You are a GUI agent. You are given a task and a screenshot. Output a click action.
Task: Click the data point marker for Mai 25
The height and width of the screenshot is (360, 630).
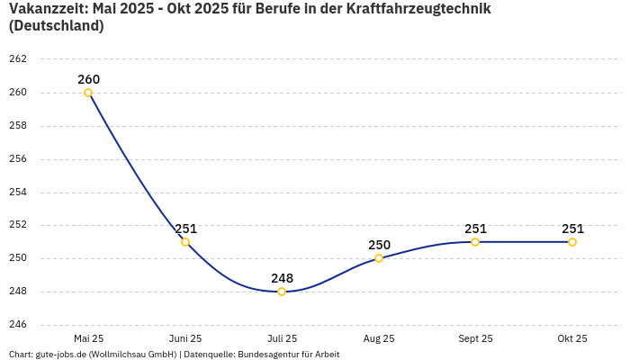88,93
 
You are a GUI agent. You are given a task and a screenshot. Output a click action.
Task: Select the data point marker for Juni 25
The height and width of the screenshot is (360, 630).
185,242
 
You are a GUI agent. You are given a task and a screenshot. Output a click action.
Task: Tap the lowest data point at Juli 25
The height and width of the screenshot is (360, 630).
282,292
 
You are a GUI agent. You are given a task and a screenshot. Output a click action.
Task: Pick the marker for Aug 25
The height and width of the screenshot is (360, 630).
379,258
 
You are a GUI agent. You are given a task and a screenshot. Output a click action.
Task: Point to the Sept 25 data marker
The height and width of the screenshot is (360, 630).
475,242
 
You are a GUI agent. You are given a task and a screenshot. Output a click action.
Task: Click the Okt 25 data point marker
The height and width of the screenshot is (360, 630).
572,242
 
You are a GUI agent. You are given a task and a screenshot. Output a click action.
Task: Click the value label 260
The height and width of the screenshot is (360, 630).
88,79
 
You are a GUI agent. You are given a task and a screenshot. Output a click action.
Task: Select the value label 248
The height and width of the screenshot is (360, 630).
282,278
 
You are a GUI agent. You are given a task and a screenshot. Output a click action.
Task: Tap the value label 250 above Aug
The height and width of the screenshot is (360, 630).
379,245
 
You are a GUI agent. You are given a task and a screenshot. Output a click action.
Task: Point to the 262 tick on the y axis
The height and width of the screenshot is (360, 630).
18,59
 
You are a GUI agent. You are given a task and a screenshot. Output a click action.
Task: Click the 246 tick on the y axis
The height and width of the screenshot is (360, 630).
18,325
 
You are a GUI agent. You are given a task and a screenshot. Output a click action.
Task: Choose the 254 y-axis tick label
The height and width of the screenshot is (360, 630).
18,193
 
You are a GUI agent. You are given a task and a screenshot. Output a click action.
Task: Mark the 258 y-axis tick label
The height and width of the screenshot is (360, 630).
18,126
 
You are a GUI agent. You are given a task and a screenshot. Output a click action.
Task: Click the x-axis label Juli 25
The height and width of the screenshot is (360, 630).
282,338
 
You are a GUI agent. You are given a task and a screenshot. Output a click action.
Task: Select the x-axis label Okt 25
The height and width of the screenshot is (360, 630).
572,338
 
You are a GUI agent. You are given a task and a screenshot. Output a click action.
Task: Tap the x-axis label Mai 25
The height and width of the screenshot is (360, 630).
88,338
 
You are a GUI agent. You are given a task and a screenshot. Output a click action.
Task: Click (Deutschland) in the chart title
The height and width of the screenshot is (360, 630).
56,26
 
